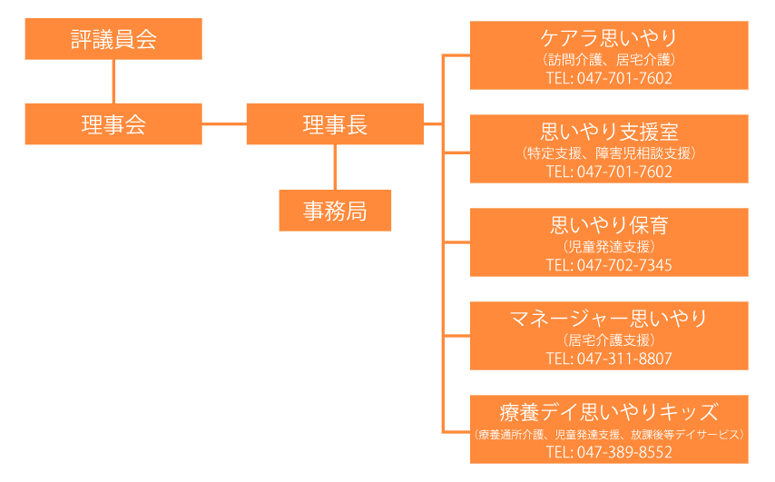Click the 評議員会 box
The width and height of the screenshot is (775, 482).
pos(113,39)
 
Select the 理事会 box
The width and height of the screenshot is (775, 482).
pos(113,124)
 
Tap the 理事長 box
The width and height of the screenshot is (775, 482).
pos(335,124)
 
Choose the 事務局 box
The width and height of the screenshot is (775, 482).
pos(335,211)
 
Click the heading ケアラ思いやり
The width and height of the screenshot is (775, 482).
pos(609,38)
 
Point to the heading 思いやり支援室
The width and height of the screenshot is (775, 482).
pos(609,132)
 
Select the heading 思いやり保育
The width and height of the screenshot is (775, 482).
pos(609,225)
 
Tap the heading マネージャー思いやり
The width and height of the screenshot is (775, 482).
pos(609,319)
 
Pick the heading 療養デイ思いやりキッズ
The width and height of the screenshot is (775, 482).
pos(609,412)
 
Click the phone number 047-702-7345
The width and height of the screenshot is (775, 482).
pos(624,265)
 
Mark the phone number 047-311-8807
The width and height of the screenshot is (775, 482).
pos(624,359)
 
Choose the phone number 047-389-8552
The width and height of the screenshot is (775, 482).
pos(624,452)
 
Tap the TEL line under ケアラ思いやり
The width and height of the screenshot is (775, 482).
pos(609,78)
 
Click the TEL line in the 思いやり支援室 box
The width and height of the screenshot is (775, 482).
pos(609,172)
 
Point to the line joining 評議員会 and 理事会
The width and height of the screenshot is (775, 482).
pos(113,82)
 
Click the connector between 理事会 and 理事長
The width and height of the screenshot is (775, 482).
pos(224,123)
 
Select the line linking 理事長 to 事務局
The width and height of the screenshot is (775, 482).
pos(335,167)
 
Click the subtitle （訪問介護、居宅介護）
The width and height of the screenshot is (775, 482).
pos(609,59)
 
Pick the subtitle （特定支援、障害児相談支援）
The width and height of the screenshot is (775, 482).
pos(609,152)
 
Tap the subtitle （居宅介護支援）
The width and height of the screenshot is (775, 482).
pos(609,339)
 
